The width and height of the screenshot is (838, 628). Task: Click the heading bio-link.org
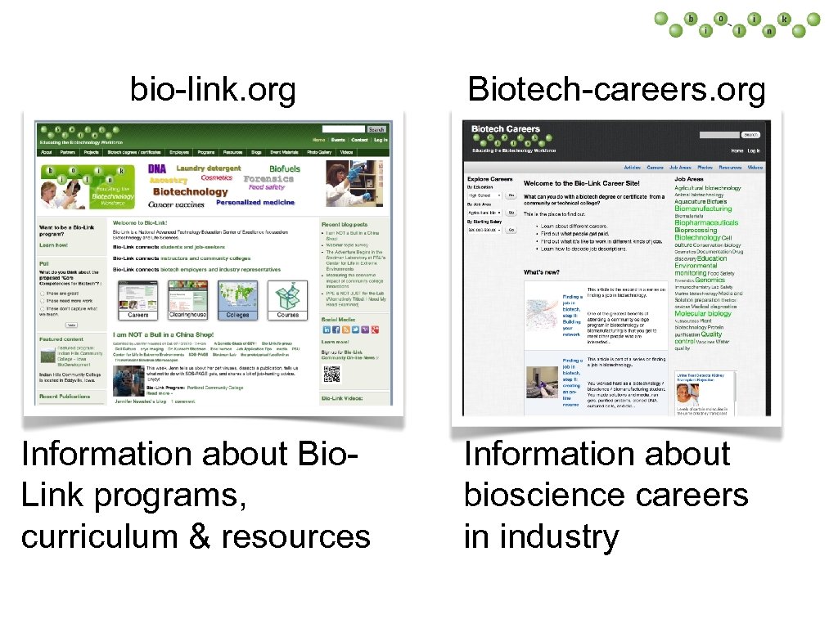pyautogui.click(x=213, y=91)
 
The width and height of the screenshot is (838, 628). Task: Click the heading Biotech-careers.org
pyautogui.click(x=616, y=90)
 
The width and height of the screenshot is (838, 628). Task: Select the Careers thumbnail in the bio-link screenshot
pyautogui.click(x=138, y=298)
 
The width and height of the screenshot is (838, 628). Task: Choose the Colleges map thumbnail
pyautogui.click(x=237, y=298)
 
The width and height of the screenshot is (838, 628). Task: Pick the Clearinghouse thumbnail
pyautogui.click(x=187, y=298)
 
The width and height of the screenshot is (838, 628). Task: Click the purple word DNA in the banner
pyautogui.click(x=156, y=169)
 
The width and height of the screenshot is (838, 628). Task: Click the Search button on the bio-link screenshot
pyautogui.click(x=376, y=129)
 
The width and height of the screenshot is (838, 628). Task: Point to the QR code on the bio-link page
pyautogui.click(x=331, y=375)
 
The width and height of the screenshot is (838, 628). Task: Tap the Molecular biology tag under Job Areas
pyautogui.click(x=702, y=313)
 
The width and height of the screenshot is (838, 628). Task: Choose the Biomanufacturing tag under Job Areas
pyautogui.click(x=703, y=209)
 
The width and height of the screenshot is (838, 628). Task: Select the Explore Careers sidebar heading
pyautogui.click(x=489, y=178)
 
